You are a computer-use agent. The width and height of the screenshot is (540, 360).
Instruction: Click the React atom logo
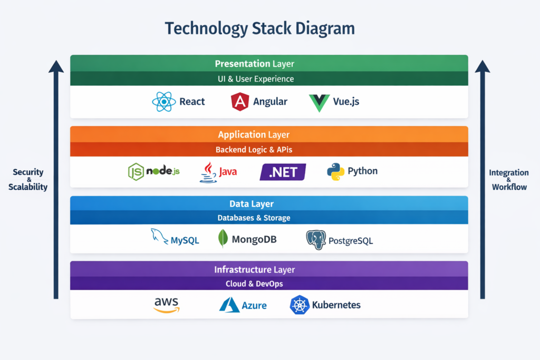click(x=163, y=102)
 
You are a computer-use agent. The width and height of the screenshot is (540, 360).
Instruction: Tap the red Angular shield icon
click(x=240, y=102)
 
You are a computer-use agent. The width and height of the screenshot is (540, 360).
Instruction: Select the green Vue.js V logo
click(x=320, y=102)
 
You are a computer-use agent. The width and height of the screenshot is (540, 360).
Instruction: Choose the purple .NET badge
click(x=283, y=172)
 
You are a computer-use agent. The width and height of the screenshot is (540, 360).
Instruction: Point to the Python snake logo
click(x=335, y=172)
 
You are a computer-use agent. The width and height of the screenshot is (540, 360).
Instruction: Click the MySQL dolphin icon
click(x=160, y=237)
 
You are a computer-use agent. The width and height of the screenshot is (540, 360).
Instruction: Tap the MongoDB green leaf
click(x=223, y=239)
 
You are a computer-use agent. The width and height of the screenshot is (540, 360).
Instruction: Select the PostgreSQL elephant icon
click(x=316, y=240)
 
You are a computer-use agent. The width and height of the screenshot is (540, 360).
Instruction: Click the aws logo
click(x=167, y=305)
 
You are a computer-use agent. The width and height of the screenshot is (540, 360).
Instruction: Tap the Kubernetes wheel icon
click(x=299, y=305)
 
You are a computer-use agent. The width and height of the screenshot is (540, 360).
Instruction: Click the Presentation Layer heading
click(x=255, y=64)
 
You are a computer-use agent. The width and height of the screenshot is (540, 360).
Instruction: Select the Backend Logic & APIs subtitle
click(x=254, y=150)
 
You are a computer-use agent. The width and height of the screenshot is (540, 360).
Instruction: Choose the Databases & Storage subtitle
click(x=254, y=218)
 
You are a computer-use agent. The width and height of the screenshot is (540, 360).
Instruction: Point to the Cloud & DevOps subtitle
click(x=254, y=284)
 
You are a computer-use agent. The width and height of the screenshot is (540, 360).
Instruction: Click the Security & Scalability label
click(x=28, y=180)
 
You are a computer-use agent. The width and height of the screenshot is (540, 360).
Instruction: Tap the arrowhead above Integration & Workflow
click(x=482, y=67)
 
